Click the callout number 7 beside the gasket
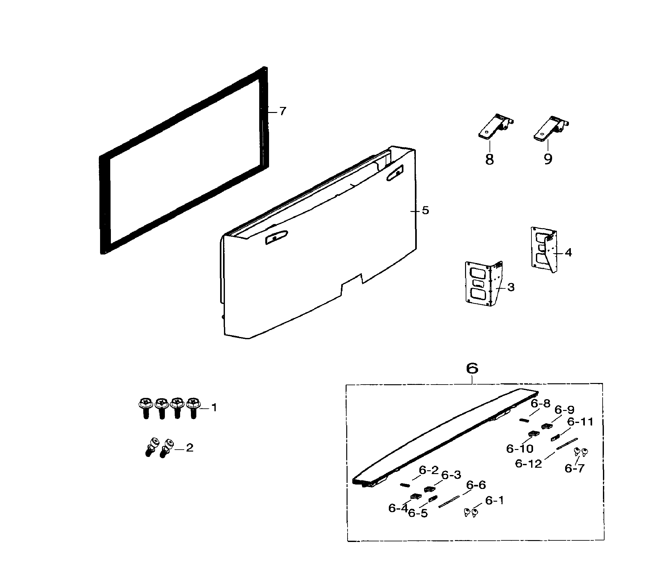tap(282, 111)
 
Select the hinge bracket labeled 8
tap(495, 127)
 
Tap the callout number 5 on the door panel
tap(425, 210)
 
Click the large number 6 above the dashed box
tap(472, 368)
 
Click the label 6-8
tap(540, 404)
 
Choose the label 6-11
tap(580, 422)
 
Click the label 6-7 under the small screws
tap(574, 468)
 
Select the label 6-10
tap(520, 448)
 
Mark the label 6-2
tap(429, 470)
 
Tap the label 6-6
tap(476, 485)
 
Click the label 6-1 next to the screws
tap(494, 500)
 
